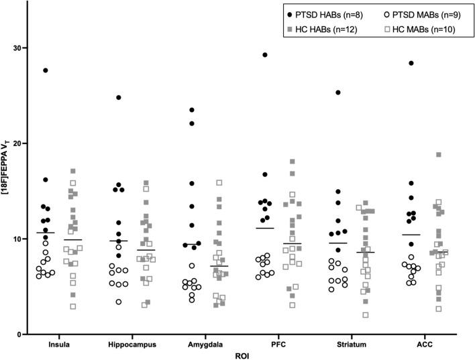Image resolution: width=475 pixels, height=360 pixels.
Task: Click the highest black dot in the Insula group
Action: [x=46, y=70]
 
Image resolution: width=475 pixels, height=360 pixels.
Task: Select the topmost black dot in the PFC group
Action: [x=265, y=55]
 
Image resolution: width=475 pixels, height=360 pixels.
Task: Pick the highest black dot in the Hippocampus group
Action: [x=119, y=97]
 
